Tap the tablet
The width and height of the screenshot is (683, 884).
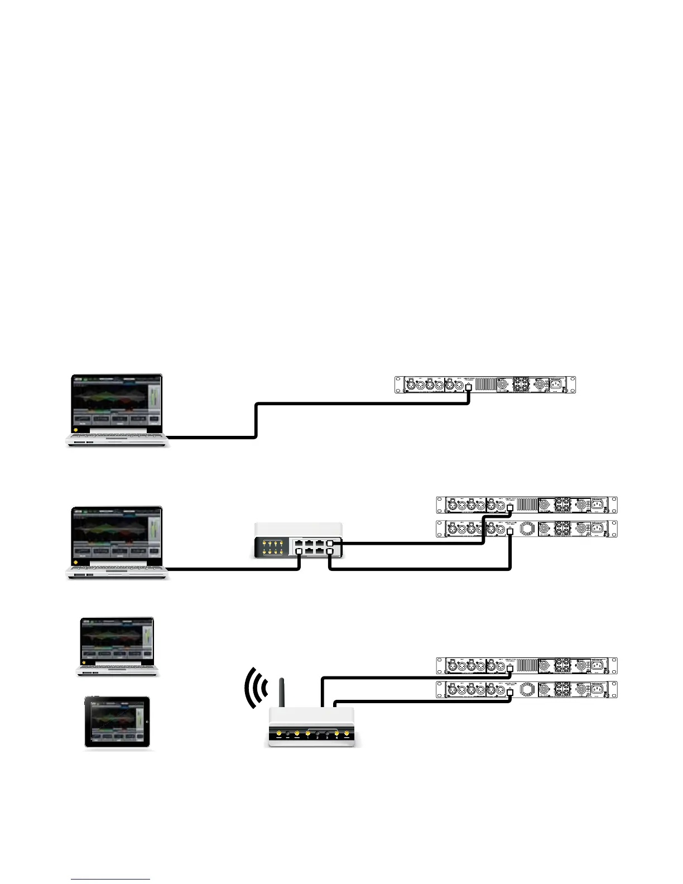117,722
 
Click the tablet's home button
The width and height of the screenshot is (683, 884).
147,722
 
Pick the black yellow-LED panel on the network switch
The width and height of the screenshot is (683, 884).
272,547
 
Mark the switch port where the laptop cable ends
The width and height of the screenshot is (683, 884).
299,551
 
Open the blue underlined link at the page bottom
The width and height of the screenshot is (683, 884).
110,879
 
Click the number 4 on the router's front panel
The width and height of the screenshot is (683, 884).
336,737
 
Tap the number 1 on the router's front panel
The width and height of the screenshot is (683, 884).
307,737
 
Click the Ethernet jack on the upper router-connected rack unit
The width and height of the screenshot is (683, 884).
509,668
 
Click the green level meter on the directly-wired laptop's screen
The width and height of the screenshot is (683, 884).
153,400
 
